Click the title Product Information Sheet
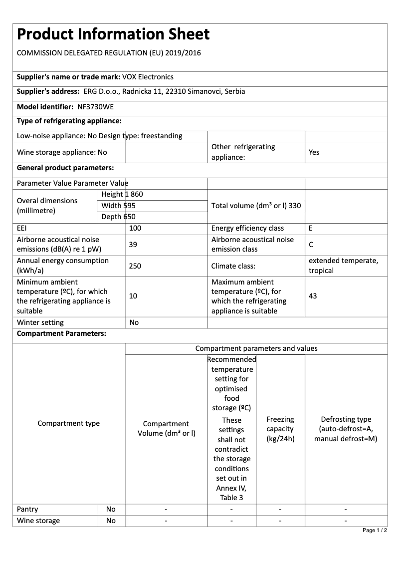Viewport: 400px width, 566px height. tap(113, 34)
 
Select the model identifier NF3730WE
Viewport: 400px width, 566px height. tap(96, 107)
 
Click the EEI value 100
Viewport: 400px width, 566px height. tap(135, 228)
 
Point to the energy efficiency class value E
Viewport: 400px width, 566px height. tap(311, 228)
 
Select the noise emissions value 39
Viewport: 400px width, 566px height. tap(133, 245)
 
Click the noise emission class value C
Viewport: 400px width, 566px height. tap(311, 245)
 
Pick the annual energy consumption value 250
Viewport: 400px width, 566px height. tap(135, 266)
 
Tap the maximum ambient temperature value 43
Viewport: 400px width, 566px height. tap(313, 296)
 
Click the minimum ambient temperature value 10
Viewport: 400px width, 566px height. tap(133, 296)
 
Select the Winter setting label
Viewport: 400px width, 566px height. tap(40, 322)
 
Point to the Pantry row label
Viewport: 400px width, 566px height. tap(27, 509)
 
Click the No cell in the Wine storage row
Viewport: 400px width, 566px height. tap(111, 521)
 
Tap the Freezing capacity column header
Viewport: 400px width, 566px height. tap(280, 429)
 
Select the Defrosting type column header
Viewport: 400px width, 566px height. tap(346, 429)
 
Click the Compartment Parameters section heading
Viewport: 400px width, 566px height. tap(61, 333)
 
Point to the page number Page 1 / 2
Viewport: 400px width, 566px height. tap(375, 530)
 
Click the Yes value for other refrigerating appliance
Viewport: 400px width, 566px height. tap(314, 152)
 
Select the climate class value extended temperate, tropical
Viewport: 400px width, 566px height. tap(343, 266)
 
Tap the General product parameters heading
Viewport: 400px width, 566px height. tap(65, 168)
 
